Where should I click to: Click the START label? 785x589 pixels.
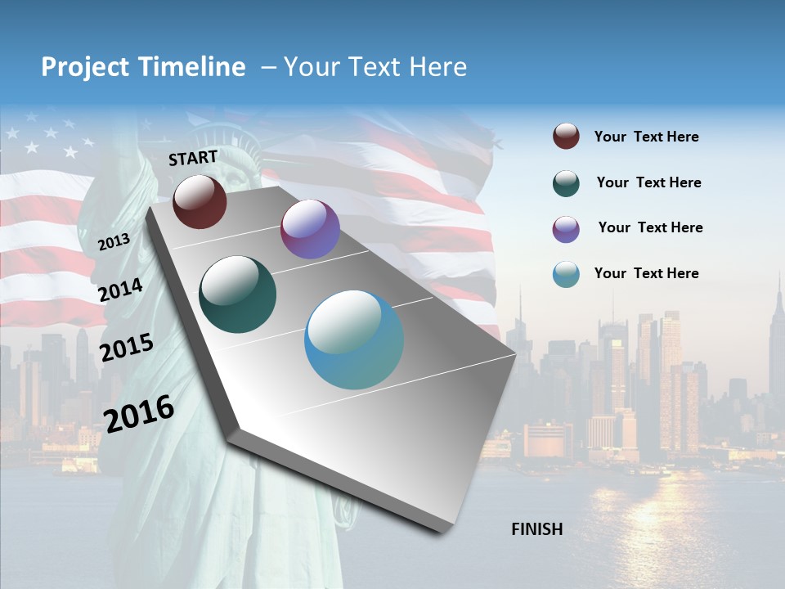click(193, 158)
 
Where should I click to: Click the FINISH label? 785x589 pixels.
click(537, 529)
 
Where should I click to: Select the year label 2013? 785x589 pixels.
click(114, 242)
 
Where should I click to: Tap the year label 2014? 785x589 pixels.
click(121, 290)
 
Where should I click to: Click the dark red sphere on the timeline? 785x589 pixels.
click(200, 201)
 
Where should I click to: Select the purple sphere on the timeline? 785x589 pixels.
click(310, 229)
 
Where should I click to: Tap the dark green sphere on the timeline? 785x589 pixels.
click(238, 294)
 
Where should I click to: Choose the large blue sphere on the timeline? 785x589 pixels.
click(354, 339)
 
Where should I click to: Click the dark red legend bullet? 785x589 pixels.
click(566, 137)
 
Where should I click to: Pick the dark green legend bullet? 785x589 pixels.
click(566, 183)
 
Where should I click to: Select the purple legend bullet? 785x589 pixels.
click(566, 229)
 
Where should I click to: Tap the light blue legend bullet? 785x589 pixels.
click(566, 274)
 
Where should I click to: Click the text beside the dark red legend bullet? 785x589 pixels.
click(647, 137)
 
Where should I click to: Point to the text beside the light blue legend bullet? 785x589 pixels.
click(647, 273)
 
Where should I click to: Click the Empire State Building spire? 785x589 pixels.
click(779, 286)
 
